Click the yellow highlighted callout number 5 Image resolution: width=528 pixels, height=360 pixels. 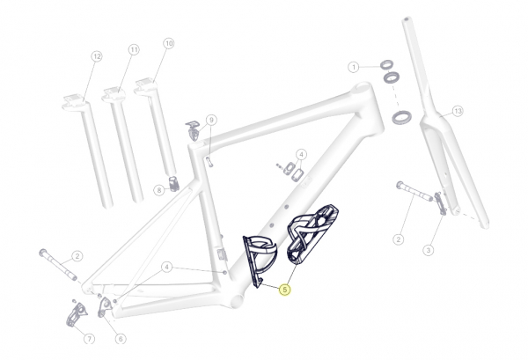285,290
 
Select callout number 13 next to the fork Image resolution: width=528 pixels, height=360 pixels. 458,111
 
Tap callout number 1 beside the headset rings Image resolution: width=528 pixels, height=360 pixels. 353,67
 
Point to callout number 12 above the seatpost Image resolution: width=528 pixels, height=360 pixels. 97,56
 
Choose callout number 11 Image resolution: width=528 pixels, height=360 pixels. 134,50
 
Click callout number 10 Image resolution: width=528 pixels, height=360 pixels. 169,43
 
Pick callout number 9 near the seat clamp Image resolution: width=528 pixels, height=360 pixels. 211,120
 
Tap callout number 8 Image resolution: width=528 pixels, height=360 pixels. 159,190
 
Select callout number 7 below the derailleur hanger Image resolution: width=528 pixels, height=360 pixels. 89,339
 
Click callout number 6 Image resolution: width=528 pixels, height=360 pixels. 121,339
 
